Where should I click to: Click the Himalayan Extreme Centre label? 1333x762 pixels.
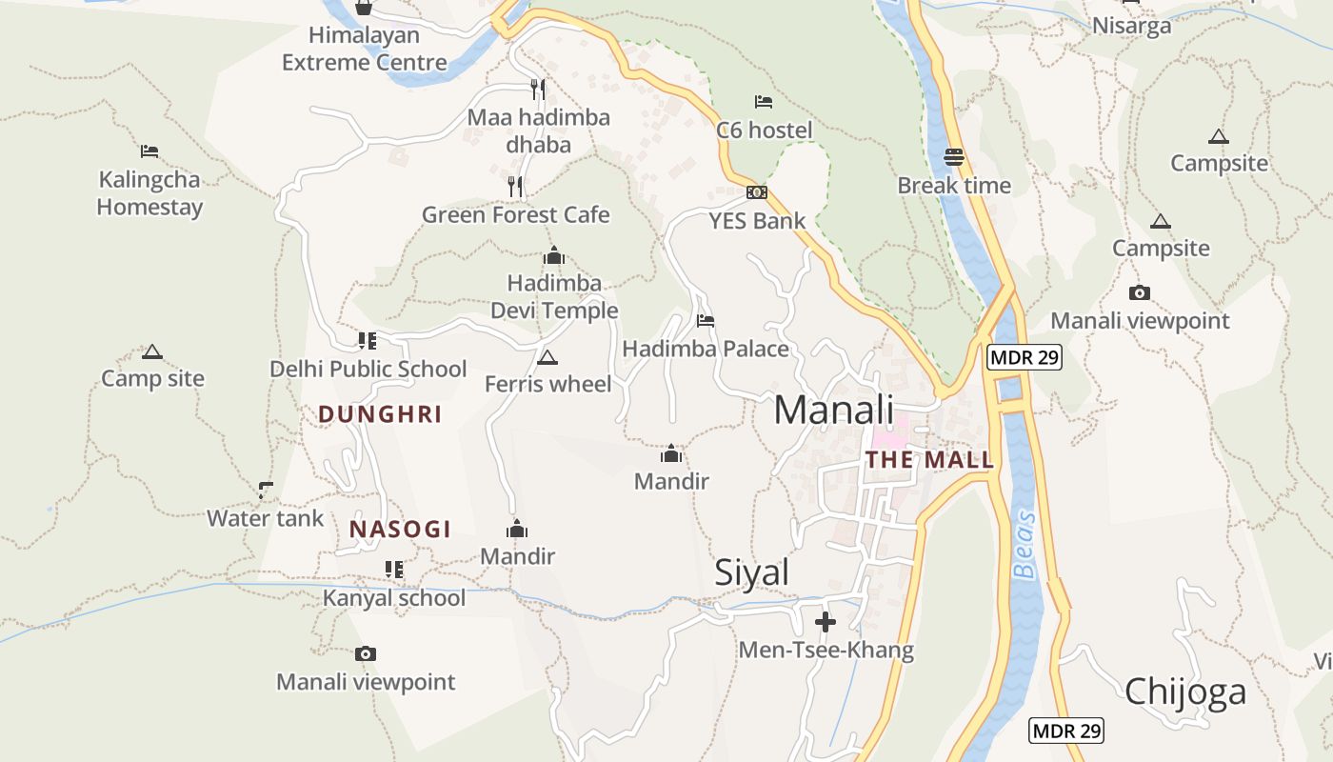(x=364, y=50)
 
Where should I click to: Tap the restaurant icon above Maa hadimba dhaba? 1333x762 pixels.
(x=538, y=90)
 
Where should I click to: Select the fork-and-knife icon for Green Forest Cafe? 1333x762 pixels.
(x=515, y=186)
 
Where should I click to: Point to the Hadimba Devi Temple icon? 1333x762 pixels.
(x=553, y=255)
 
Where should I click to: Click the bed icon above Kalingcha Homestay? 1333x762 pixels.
(x=149, y=150)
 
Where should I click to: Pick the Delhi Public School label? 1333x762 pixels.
(x=368, y=369)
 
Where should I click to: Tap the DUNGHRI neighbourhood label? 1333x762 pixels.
(x=380, y=414)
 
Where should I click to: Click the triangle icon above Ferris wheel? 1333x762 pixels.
(x=547, y=358)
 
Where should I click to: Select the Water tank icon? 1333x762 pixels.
(x=266, y=491)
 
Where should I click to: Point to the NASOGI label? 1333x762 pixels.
(x=400, y=530)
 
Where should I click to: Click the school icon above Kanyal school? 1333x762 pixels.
(x=393, y=570)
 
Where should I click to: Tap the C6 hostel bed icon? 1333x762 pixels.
(x=763, y=102)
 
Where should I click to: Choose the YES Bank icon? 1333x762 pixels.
(x=757, y=192)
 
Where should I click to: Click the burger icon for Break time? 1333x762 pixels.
(x=954, y=157)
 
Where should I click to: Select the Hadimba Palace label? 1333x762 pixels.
(x=706, y=349)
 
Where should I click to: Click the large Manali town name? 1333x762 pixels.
(x=833, y=410)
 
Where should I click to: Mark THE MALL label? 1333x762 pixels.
(x=929, y=460)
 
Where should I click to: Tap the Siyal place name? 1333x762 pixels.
(x=752, y=572)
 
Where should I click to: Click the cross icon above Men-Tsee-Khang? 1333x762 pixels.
(x=826, y=623)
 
